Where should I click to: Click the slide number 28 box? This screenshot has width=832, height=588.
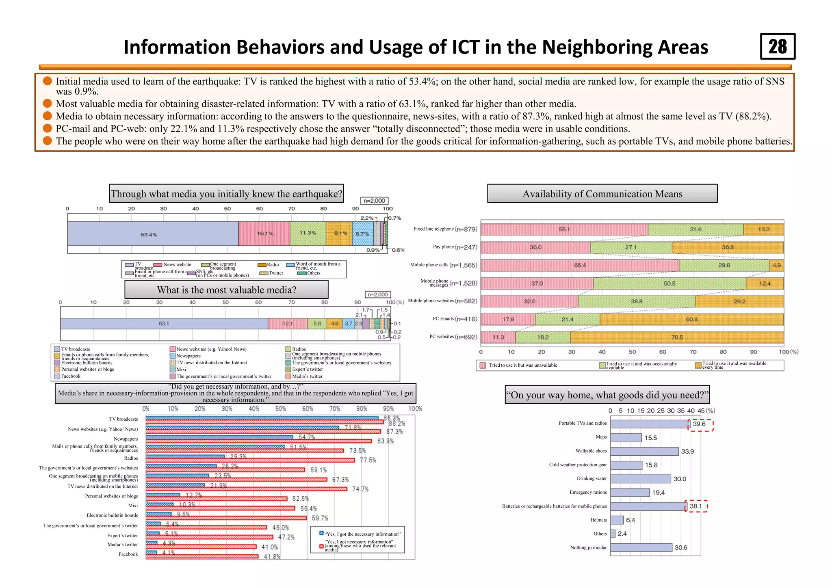click(778, 46)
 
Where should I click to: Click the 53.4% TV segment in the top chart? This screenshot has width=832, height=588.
click(153, 234)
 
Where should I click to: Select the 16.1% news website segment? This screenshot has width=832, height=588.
click(264, 233)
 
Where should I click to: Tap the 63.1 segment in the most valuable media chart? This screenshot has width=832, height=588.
click(164, 324)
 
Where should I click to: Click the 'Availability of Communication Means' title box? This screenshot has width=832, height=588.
click(602, 194)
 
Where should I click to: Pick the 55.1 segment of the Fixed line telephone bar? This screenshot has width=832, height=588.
click(564, 229)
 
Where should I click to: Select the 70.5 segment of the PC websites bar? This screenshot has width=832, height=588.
click(677, 337)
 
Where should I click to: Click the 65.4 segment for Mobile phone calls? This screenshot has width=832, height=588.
click(580, 266)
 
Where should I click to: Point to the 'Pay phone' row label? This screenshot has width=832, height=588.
click(443, 247)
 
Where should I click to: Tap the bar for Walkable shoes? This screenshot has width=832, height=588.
click(644, 452)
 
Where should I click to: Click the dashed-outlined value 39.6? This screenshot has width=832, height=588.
click(700, 424)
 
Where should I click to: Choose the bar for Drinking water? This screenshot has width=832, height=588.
click(640, 479)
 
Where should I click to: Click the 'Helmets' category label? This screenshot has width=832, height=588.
click(598, 520)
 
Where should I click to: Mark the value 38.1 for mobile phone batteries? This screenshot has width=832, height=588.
click(696, 506)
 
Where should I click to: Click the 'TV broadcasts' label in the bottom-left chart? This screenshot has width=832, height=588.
click(123, 419)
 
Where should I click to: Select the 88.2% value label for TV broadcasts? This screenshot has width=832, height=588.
click(396, 424)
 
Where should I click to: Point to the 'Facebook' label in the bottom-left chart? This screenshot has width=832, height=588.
click(128, 554)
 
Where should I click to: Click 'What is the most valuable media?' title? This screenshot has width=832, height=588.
click(226, 290)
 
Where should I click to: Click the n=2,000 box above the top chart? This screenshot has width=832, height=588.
click(374, 201)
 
